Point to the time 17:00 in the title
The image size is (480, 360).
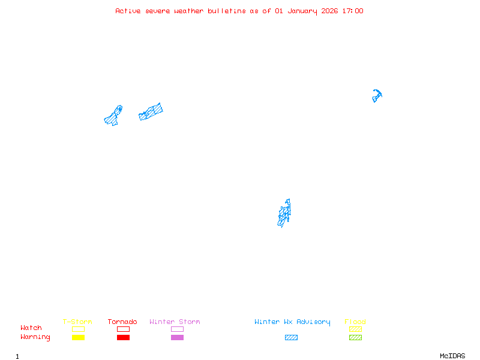point(352,11)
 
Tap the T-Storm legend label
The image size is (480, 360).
point(77,322)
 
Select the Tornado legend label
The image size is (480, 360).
point(122,322)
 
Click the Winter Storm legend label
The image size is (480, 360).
point(175,322)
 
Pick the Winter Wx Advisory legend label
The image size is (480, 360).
point(292,322)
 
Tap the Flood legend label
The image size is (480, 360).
point(355,322)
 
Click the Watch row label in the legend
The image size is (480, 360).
point(31,328)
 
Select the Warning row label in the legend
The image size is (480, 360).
point(35,337)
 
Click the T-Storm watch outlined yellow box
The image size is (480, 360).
point(78,329)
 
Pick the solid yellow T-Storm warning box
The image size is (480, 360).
point(78,337)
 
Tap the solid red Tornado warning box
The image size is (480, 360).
point(123,337)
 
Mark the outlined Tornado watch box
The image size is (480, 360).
point(123,329)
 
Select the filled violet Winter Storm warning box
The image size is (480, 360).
point(177,337)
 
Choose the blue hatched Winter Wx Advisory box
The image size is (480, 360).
point(291,337)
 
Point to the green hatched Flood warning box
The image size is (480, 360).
point(355,337)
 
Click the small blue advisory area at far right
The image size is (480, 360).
point(377,95)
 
